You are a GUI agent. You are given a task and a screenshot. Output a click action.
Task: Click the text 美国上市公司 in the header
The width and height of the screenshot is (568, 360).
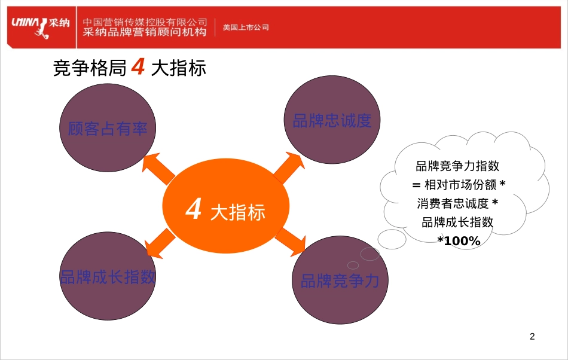point(246,28)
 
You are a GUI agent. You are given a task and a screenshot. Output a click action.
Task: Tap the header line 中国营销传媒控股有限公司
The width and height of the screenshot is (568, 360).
point(145,22)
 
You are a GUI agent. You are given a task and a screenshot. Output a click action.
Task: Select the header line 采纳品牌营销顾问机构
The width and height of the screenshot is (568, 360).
point(145,32)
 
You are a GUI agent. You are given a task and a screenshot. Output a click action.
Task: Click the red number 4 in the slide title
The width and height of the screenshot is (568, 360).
point(138,68)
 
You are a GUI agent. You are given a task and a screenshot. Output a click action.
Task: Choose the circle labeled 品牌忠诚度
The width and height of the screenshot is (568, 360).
point(332,120)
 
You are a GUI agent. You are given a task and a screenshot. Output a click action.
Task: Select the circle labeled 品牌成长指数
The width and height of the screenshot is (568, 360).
point(108,277)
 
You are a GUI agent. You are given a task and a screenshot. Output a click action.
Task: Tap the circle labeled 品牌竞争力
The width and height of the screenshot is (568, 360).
point(340,280)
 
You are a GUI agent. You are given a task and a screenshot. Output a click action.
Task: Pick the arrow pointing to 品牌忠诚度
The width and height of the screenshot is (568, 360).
point(288,167)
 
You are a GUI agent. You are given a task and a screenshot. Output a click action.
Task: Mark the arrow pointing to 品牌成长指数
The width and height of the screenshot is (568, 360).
point(160,245)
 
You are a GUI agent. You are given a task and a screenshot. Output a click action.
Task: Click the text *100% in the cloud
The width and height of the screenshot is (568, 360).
point(459,241)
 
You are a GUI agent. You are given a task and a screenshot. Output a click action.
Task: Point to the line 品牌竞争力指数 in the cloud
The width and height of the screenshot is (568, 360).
point(457,166)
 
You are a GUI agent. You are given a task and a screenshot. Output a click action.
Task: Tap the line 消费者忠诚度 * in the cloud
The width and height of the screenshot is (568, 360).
point(457,203)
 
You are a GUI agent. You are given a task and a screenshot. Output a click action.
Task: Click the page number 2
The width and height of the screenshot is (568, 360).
point(532,337)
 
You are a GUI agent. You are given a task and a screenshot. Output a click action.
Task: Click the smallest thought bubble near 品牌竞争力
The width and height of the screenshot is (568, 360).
point(353,265)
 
